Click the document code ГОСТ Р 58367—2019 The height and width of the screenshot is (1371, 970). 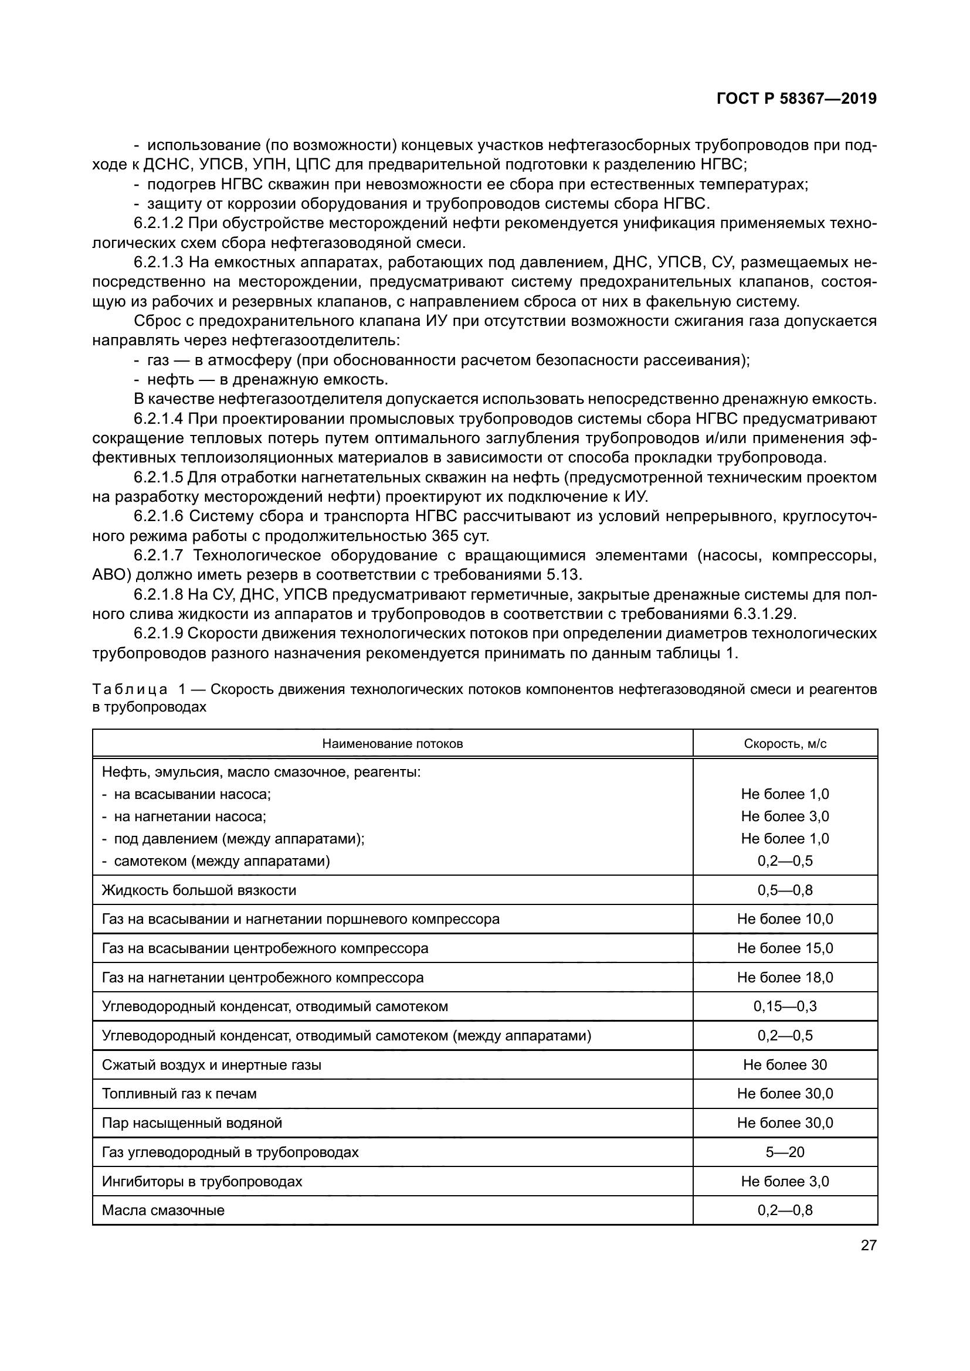[x=796, y=98]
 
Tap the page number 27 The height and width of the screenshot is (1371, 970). [x=869, y=1245]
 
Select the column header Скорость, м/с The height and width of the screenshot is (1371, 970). [x=785, y=743]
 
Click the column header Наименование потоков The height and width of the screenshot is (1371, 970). [x=392, y=743]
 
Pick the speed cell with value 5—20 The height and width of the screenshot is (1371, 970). [x=785, y=1152]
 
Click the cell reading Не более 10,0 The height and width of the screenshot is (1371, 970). [x=785, y=919]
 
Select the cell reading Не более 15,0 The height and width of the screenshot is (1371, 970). [x=785, y=948]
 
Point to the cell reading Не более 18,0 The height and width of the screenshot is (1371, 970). [x=785, y=978]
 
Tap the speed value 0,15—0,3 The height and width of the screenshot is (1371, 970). [x=785, y=1006]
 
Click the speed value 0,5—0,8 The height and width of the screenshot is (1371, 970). [x=785, y=890]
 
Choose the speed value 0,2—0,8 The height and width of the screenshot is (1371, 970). [x=785, y=1210]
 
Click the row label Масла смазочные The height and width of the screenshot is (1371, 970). [x=163, y=1210]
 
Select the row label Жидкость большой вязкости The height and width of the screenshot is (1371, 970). [x=199, y=890]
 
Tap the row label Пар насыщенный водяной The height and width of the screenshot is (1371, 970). [x=192, y=1122]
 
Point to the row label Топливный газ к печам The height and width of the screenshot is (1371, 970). [x=179, y=1093]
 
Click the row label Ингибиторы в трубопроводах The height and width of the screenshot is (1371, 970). [x=202, y=1181]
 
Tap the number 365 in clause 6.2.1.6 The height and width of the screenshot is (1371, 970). [x=445, y=536]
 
